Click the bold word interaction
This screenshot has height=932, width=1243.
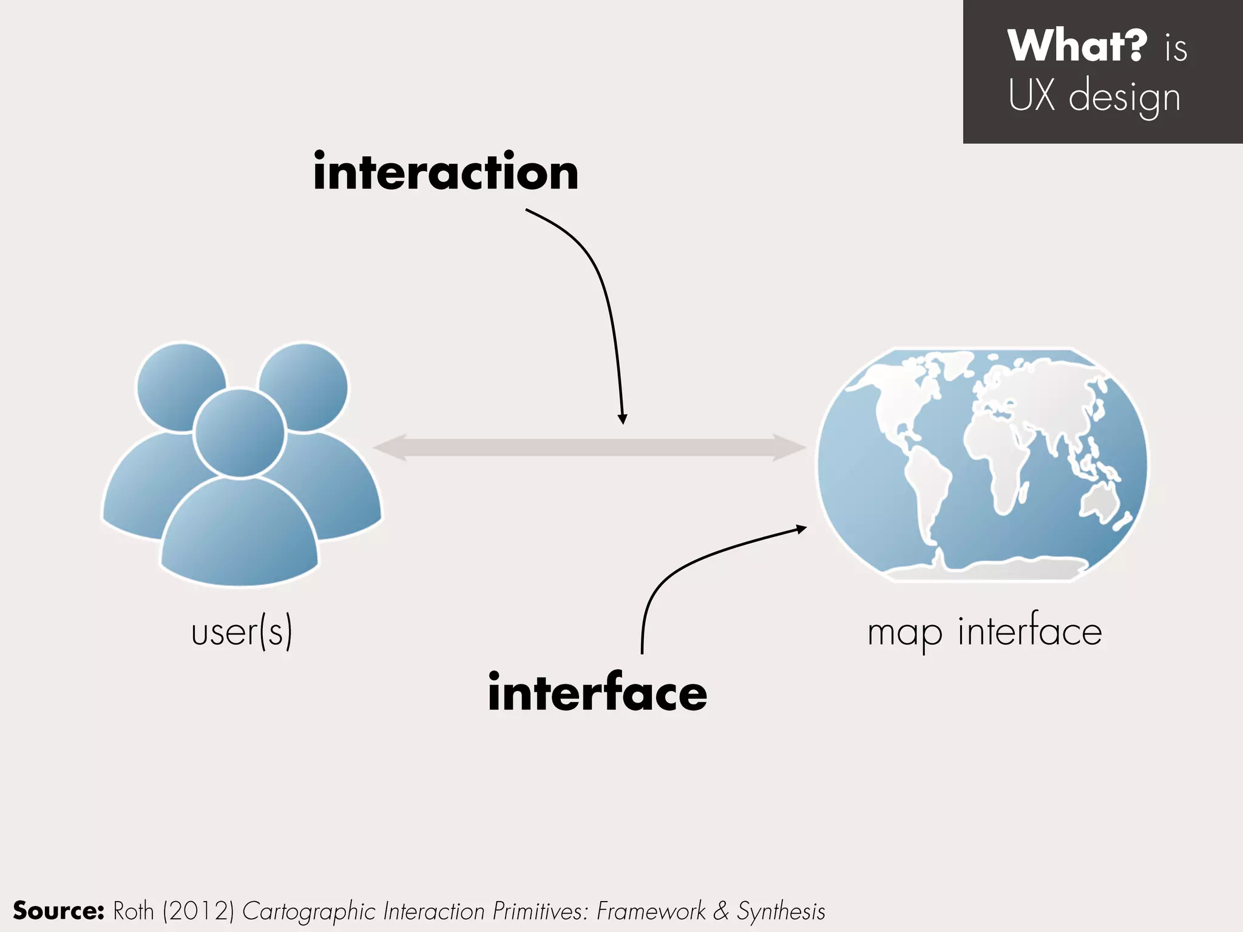coord(446,172)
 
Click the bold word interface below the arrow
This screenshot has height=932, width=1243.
coord(597,692)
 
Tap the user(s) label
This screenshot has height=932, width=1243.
coord(242,632)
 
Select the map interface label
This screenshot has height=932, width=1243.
coord(984,633)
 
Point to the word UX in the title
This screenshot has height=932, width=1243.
coord(1032,96)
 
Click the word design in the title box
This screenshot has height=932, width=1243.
coord(1124,97)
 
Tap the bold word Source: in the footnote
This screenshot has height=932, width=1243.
coord(59,911)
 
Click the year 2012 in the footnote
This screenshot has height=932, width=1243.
coord(198,911)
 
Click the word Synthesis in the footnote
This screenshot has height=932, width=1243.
coord(781,911)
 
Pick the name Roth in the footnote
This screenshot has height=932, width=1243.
coord(134,911)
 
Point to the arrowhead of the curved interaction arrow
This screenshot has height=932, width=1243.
coord(622,419)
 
